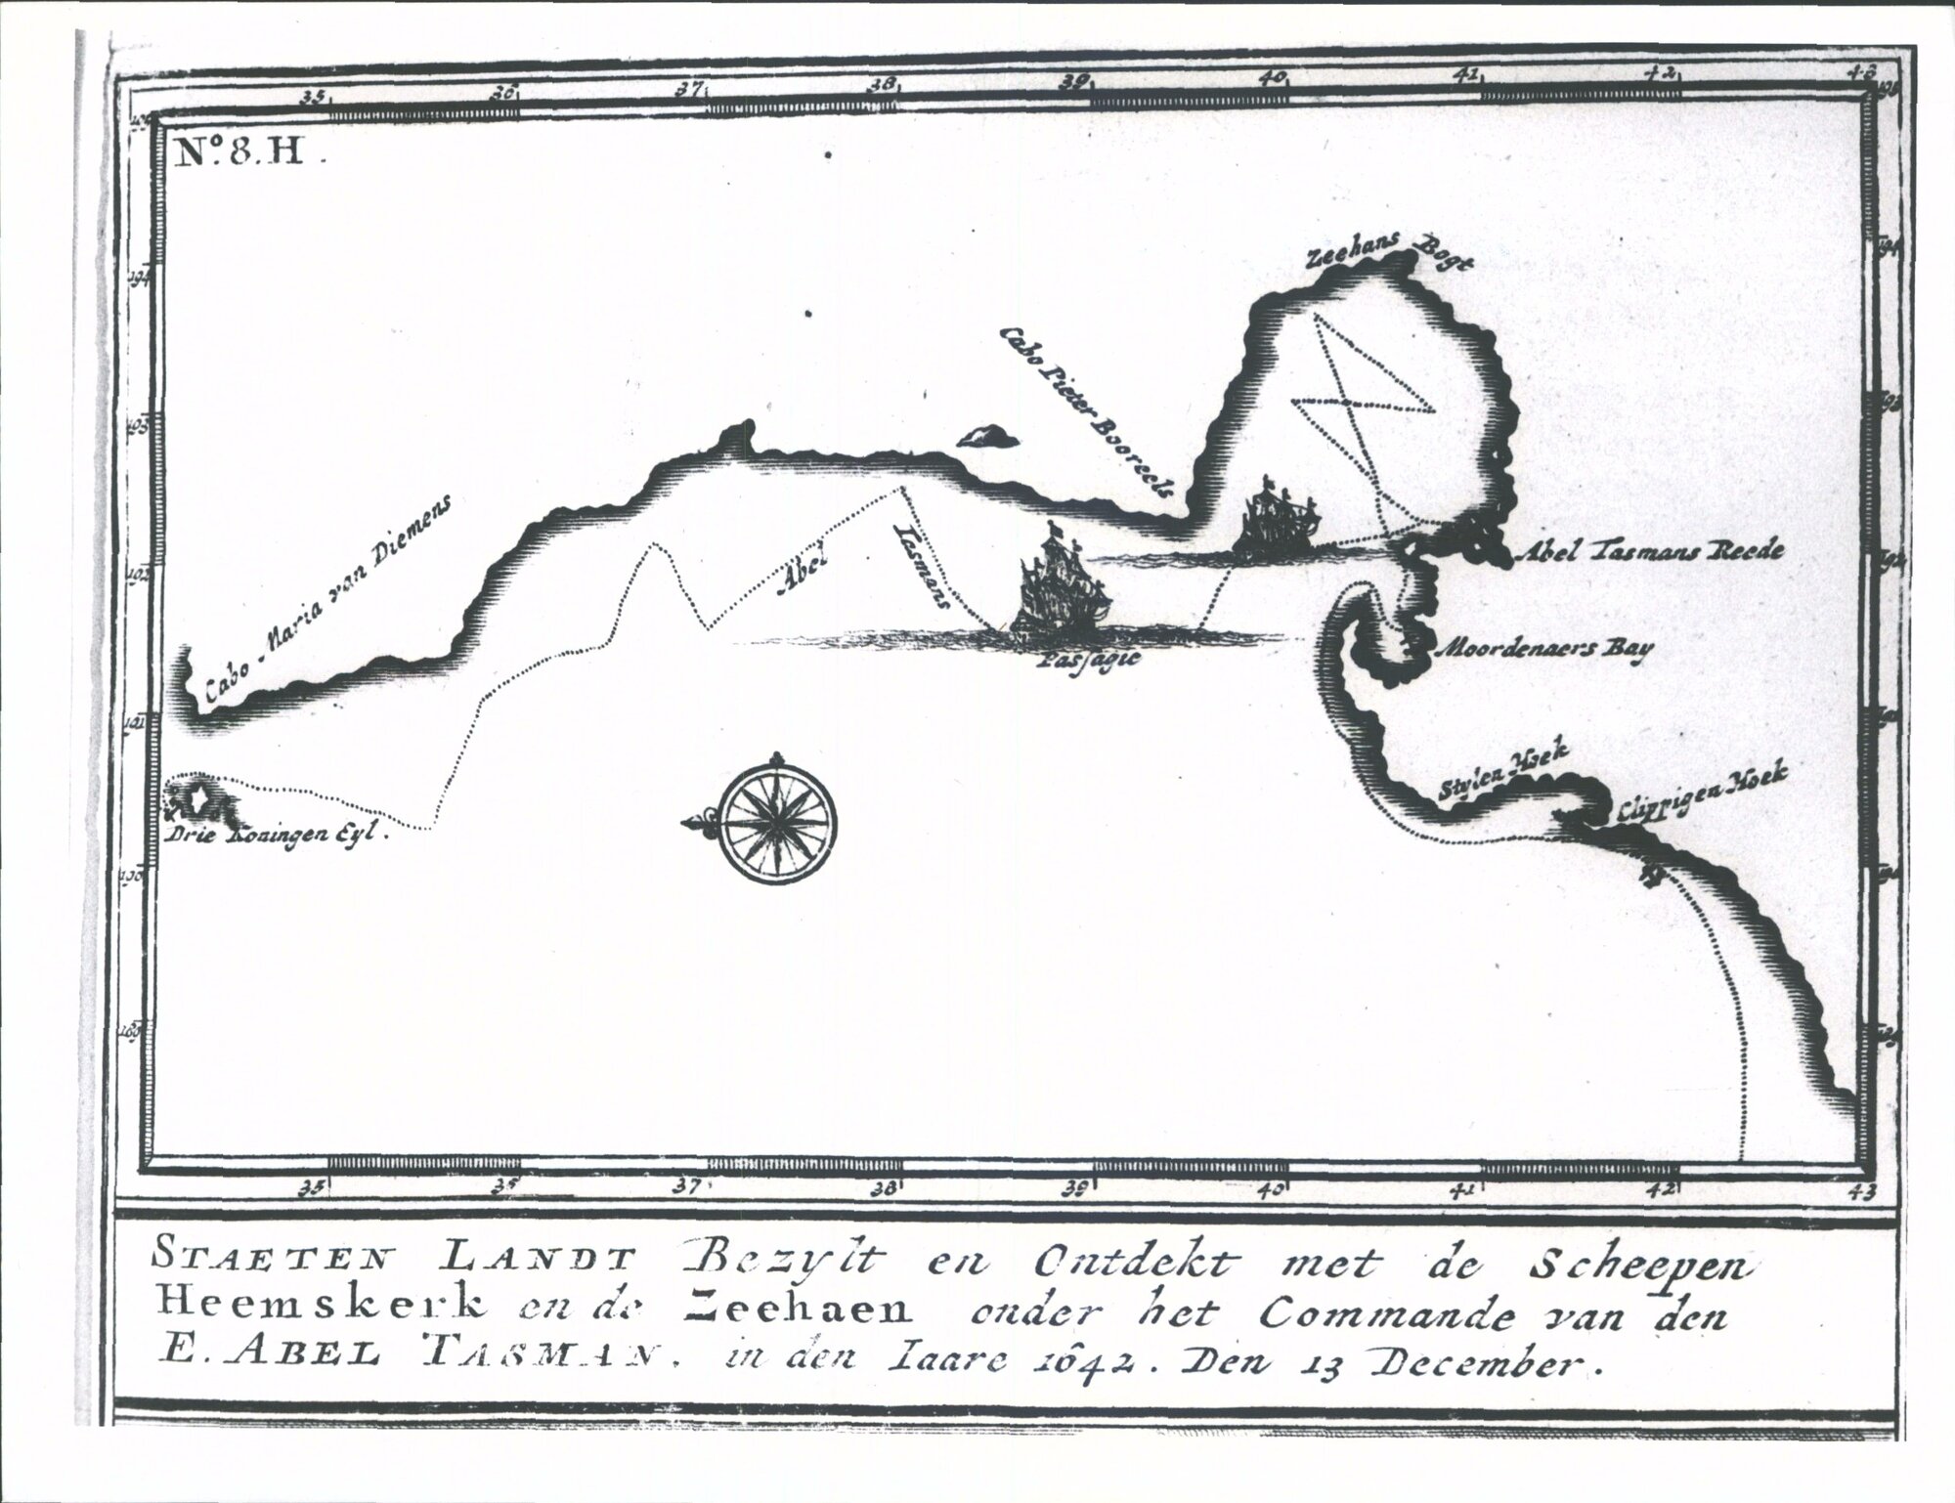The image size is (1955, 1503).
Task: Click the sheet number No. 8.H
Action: point(241,153)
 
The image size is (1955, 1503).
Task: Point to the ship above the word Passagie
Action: point(1062,592)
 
